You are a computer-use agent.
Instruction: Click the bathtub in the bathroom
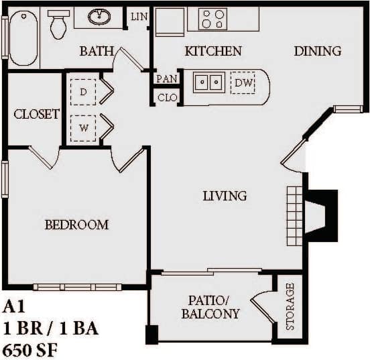point(23,38)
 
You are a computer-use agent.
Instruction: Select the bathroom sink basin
point(99,17)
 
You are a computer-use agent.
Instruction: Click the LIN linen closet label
point(139,16)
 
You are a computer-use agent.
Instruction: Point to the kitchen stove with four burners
point(213,19)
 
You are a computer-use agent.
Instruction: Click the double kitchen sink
point(209,82)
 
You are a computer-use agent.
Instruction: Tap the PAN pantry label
point(166,78)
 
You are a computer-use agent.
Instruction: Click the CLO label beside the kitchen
point(166,97)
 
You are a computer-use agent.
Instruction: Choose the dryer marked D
point(83,93)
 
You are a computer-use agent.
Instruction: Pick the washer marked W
point(83,125)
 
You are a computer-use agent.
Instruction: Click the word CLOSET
point(36,114)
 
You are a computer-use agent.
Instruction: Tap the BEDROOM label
point(76,225)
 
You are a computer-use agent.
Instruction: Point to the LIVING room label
point(225,196)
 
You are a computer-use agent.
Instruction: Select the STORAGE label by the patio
point(290,306)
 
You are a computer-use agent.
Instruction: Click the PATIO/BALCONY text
point(210,307)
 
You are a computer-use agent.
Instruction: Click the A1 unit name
point(13,308)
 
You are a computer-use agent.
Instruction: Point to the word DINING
point(317,51)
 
